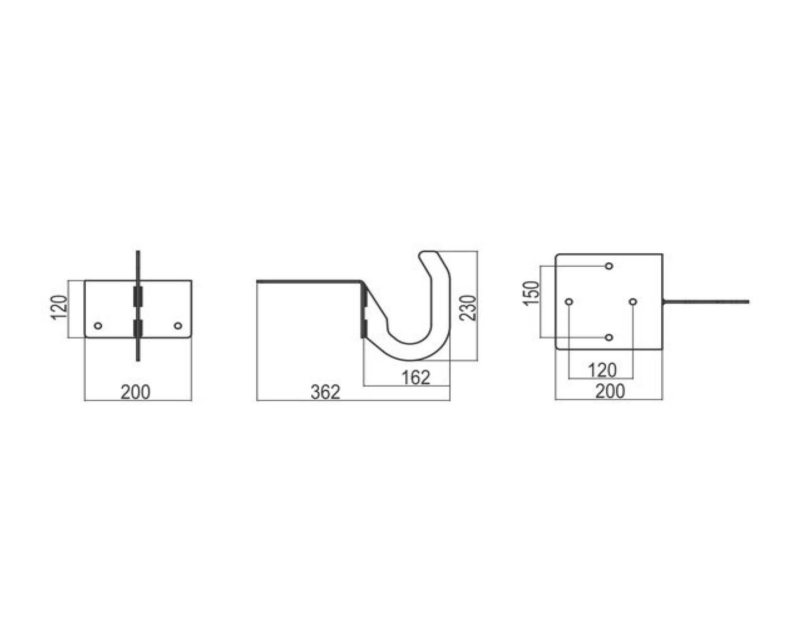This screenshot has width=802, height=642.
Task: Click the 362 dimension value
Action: pos(325,392)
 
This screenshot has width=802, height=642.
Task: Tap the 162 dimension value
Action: pos(416,378)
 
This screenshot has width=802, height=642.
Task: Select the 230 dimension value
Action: pos(468,308)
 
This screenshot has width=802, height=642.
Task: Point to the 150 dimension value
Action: pos(531,293)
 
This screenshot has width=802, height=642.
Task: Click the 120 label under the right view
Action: pos(602,371)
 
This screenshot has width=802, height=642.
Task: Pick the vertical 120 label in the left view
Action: pos(59,308)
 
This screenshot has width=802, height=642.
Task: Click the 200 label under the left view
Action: pos(135,392)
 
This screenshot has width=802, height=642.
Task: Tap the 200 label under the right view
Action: pos(610,391)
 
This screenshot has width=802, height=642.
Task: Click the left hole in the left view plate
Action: pos(98,326)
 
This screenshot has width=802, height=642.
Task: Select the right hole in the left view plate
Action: pos(178,326)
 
